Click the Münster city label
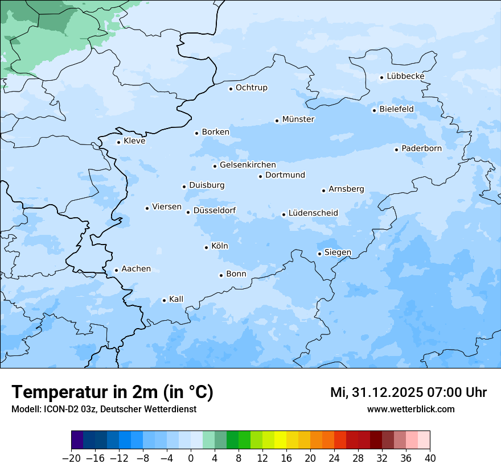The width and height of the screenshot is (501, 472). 298,119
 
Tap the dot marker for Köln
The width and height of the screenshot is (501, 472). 206,247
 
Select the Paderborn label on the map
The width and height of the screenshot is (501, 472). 421,148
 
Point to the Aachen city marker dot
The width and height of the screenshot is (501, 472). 116,271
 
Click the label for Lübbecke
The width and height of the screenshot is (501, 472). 405,76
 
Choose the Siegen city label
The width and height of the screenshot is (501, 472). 338,252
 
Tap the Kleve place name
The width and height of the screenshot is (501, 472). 134,141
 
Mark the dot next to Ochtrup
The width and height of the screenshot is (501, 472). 231,89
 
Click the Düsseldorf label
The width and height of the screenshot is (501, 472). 215,211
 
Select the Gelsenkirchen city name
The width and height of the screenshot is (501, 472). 248,165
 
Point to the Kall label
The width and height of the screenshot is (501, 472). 176,299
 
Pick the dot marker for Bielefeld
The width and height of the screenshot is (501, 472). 374,110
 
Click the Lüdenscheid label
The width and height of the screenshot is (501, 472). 313,213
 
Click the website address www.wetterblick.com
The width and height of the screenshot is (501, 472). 410,409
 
